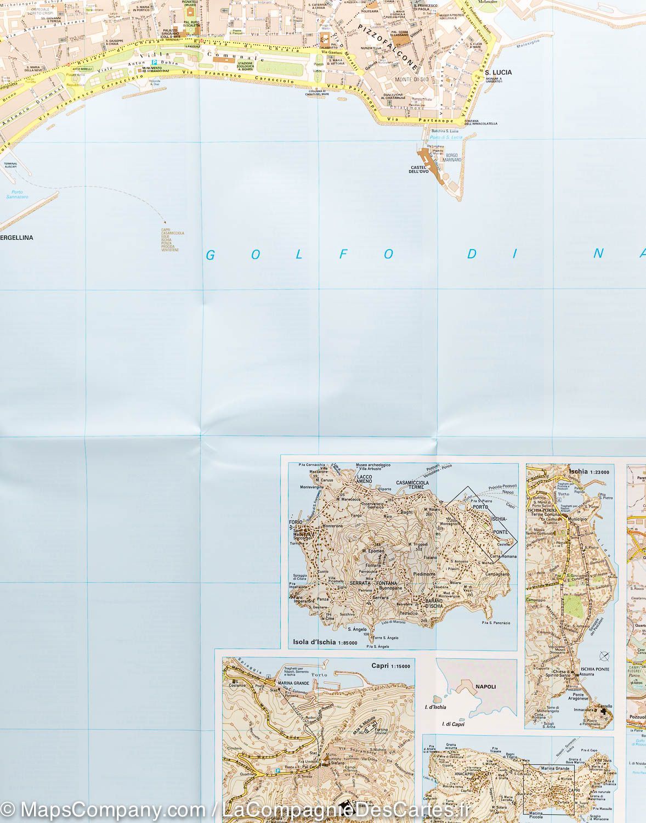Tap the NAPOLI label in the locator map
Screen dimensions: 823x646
tap(485, 686)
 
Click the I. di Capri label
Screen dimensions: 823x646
tap(454, 724)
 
